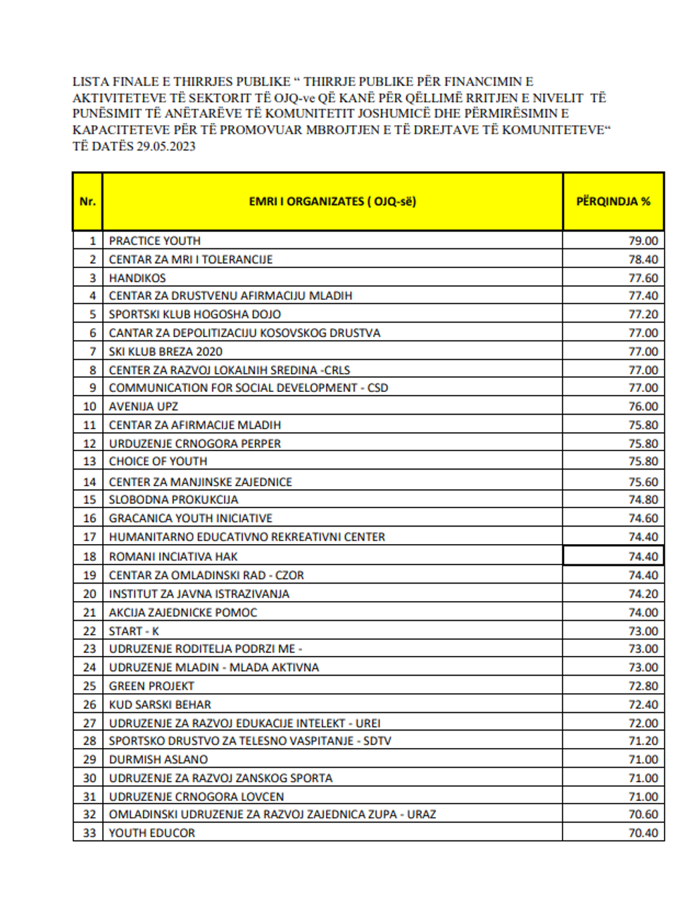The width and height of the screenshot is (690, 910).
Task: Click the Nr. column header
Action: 87,201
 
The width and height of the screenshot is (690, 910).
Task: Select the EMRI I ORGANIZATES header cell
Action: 332,201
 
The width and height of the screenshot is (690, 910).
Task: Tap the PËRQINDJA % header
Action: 613,201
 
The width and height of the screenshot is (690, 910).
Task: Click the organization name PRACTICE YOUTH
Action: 155,241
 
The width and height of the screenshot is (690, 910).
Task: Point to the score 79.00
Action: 643,241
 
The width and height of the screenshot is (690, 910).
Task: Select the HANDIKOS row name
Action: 137,278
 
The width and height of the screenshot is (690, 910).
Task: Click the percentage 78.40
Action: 643,260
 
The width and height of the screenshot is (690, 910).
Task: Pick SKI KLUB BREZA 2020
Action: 165,351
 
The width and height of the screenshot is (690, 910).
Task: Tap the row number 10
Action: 89,407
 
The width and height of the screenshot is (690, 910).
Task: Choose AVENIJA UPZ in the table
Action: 144,407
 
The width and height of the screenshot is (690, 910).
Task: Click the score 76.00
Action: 643,407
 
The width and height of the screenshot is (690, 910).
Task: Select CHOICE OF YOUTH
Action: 158,462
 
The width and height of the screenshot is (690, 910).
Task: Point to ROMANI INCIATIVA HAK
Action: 173,557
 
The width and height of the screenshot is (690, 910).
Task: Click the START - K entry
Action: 134,631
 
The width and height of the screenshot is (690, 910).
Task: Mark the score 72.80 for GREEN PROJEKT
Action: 643,686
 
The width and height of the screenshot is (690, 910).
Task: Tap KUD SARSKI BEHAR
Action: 160,704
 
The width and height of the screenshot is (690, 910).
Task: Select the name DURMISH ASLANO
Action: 158,759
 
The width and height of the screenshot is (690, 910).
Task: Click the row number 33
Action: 89,833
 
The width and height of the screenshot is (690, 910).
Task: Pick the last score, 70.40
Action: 643,833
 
